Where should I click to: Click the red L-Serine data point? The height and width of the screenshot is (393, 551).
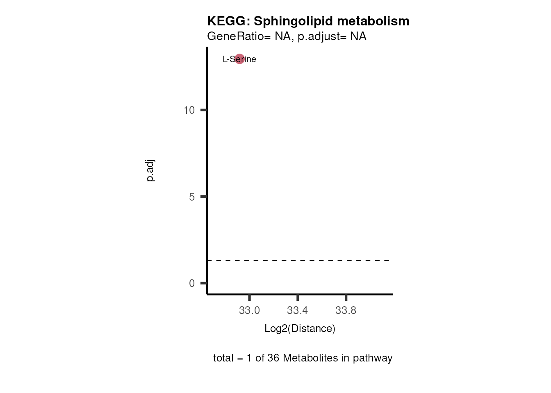click(x=239, y=59)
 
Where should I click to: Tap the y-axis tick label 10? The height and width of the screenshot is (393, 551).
click(x=189, y=110)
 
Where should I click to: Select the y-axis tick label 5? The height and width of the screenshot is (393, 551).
click(x=192, y=197)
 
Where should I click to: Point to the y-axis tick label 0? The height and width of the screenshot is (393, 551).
click(x=192, y=283)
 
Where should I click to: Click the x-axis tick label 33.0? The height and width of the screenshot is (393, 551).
click(x=249, y=311)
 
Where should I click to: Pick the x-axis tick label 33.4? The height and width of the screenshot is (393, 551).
click(x=297, y=311)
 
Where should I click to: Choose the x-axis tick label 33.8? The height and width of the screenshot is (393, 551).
click(x=346, y=311)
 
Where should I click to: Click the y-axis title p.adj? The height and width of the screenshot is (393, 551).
click(x=150, y=171)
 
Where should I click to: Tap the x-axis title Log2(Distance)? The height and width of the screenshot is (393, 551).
click(x=300, y=329)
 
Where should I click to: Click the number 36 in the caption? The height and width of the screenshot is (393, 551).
click(x=273, y=358)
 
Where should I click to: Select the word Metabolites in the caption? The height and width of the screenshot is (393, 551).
click(x=310, y=358)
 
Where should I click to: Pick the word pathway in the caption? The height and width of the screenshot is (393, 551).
click(x=373, y=358)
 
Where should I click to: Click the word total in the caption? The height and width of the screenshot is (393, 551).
click(x=223, y=358)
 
